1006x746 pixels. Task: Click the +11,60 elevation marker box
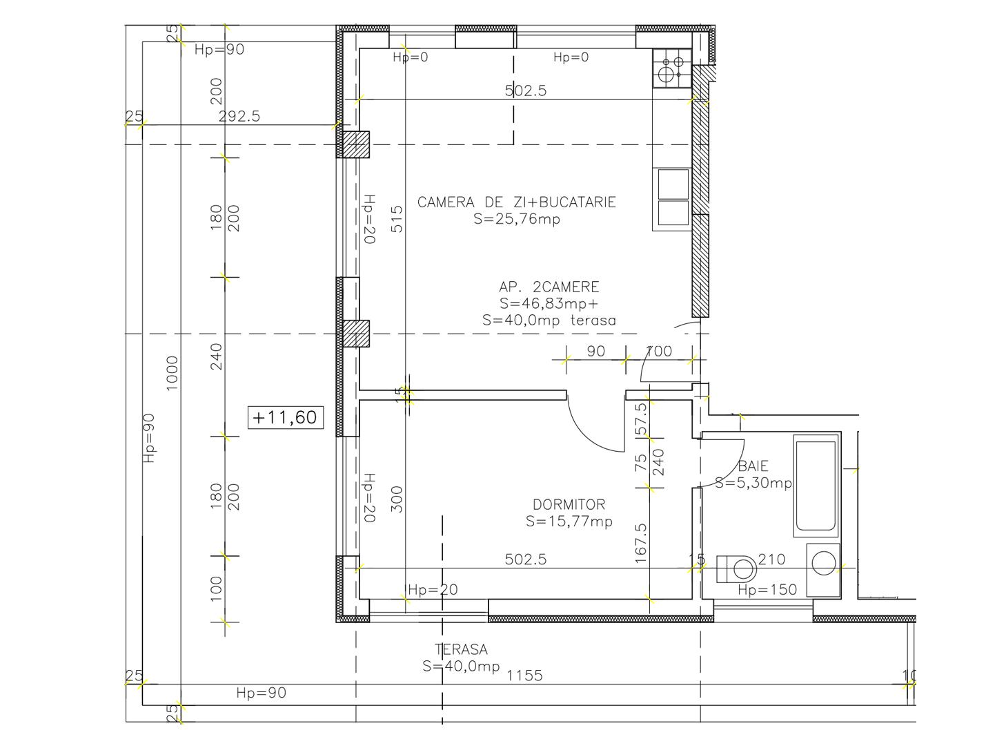pyautogui.click(x=286, y=417)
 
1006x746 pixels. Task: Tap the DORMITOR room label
pyautogui.click(x=569, y=505)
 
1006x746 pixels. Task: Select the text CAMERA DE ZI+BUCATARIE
pyautogui.click(x=516, y=202)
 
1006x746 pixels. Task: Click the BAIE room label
pyautogui.click(x=753, y=466)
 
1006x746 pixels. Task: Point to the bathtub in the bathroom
pyautogui.click(x=816, y=485)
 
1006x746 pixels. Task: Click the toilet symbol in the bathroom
pyautogui.click(x=737, y=569)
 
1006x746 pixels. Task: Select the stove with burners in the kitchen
pyautogui.click(x=671, y=68)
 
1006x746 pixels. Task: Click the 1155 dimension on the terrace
pyautogui.click(x=524, y=676)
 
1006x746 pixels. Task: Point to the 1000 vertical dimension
pyautogui.click(x=172, y=373)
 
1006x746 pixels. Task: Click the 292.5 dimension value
pyautogui.click(x=239, y=116)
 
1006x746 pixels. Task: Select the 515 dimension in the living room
pyautogui.click(x=397, y=219)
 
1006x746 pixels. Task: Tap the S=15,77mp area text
pyautogui.click(x=569, y=522)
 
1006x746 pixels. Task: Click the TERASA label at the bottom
pyautogui.click(x=461, y=650)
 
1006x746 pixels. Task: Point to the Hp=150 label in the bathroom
pyautogui.click(x=767, y=590)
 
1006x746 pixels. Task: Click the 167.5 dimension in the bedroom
pyautogui.click(x=641, y=543)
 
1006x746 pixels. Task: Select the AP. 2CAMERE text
pyautogui.click(x=549, y=287)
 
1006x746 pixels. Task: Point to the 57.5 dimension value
pyautogui.click(x=641, y=419)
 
